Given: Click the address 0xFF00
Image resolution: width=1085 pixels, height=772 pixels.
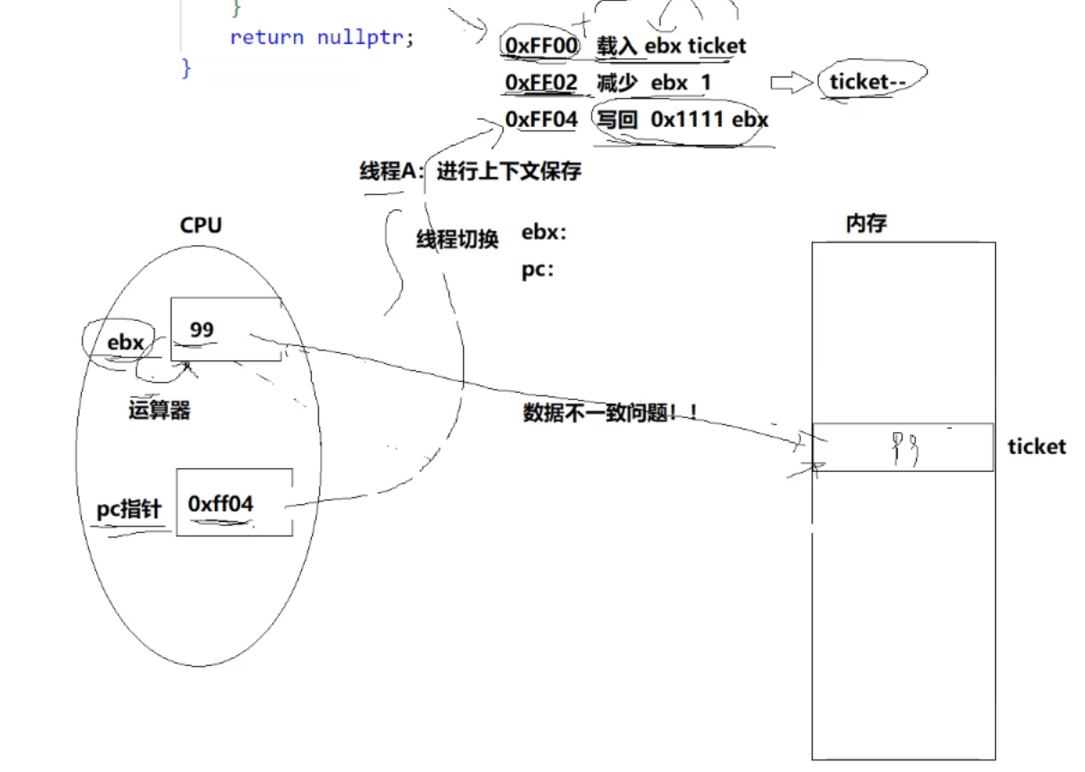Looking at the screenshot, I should point(540,44).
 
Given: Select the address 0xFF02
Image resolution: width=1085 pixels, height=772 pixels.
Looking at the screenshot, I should point(540,83).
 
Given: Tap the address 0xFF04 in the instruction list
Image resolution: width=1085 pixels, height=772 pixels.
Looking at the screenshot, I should point(540,120).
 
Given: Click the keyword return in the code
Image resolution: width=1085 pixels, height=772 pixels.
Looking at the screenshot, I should point(266,38).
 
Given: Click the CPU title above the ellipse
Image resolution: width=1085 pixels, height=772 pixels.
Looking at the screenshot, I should point(200,225).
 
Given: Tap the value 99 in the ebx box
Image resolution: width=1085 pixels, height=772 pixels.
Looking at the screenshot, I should point(202,330).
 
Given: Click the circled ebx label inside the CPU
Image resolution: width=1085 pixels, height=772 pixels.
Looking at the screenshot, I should point(125,342).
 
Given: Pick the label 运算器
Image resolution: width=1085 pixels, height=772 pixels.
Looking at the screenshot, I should point(159,411).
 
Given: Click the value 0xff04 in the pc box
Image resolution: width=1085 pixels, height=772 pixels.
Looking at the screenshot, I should point(220,504).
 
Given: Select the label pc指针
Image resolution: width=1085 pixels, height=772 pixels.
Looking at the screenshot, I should point(129,510).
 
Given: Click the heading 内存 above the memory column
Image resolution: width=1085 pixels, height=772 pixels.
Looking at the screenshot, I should point(867,224).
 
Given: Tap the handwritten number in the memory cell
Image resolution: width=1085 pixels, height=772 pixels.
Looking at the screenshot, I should point(904,448).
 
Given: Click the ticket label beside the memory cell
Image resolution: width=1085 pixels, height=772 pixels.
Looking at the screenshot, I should point(1036,447).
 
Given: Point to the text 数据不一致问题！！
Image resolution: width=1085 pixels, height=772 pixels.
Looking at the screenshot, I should point(610,413).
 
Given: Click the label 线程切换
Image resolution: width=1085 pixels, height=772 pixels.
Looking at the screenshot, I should point(457,240).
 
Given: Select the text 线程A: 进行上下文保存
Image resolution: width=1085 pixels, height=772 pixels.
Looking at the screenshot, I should point(470,172).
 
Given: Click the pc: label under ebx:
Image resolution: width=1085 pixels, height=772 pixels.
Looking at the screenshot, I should point(537,270).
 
